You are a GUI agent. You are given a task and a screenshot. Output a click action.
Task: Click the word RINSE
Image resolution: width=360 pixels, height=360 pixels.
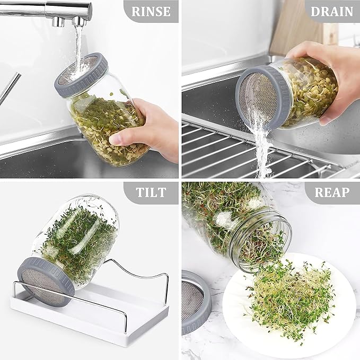151,11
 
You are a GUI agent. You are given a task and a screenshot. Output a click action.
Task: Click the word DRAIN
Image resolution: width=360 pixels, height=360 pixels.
332,11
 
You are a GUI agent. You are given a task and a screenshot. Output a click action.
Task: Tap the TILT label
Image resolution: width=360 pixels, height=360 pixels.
151,192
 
